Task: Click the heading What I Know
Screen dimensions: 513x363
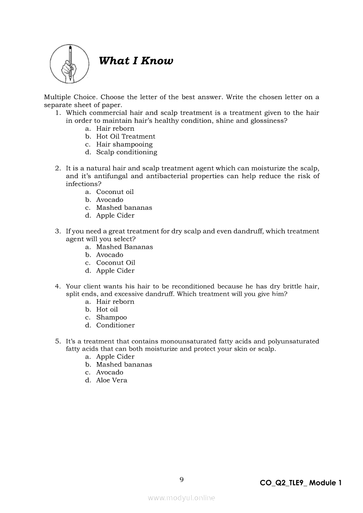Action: click(136, 61)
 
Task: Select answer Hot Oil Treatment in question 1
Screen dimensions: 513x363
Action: click(126, 136)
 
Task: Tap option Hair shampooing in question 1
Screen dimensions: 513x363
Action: click(124, 144)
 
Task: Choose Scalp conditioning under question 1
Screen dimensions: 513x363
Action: click(127, 152)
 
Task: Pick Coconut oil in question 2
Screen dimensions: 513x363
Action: click(115, 192)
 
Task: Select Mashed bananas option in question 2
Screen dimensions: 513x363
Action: click(124, 208)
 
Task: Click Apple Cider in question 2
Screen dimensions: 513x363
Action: click(116, 215)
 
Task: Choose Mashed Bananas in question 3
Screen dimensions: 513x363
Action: click(125, 247)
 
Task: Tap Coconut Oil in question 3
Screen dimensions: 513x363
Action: click(116, 263)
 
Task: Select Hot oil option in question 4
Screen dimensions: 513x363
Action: click(107, 309)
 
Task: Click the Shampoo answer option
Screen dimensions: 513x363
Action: click(112, 317)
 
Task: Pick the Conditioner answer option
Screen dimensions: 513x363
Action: click(116, 325)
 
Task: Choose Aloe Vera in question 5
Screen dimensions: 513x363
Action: click(112, 380)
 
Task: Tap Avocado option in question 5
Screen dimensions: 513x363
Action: click(110, 373)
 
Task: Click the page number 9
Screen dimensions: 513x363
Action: click(181, 480)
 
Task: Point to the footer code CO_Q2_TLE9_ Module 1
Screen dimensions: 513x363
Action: click(301, 483)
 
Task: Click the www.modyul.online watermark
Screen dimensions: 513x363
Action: click(181, 498)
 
